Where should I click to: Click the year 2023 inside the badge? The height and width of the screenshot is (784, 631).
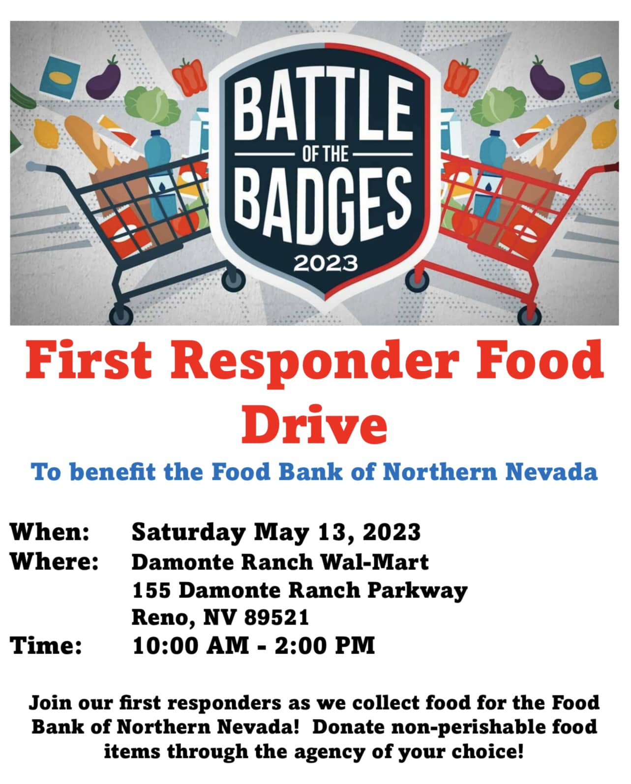(325, 263)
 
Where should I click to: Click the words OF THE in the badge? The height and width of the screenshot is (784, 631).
(325, 154)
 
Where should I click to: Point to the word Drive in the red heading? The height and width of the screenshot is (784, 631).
(315, 424)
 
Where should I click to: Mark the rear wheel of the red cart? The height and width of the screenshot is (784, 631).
(529, 315)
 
